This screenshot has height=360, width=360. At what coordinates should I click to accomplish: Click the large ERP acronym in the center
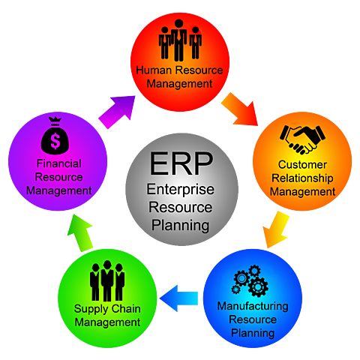(x=180, y=163)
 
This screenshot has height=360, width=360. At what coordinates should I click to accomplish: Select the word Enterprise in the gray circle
(x=180, y=192)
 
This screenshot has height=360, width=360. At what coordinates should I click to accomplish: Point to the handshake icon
(x=301, y=136)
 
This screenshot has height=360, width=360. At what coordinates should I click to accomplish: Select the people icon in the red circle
(x=180, y=39)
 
